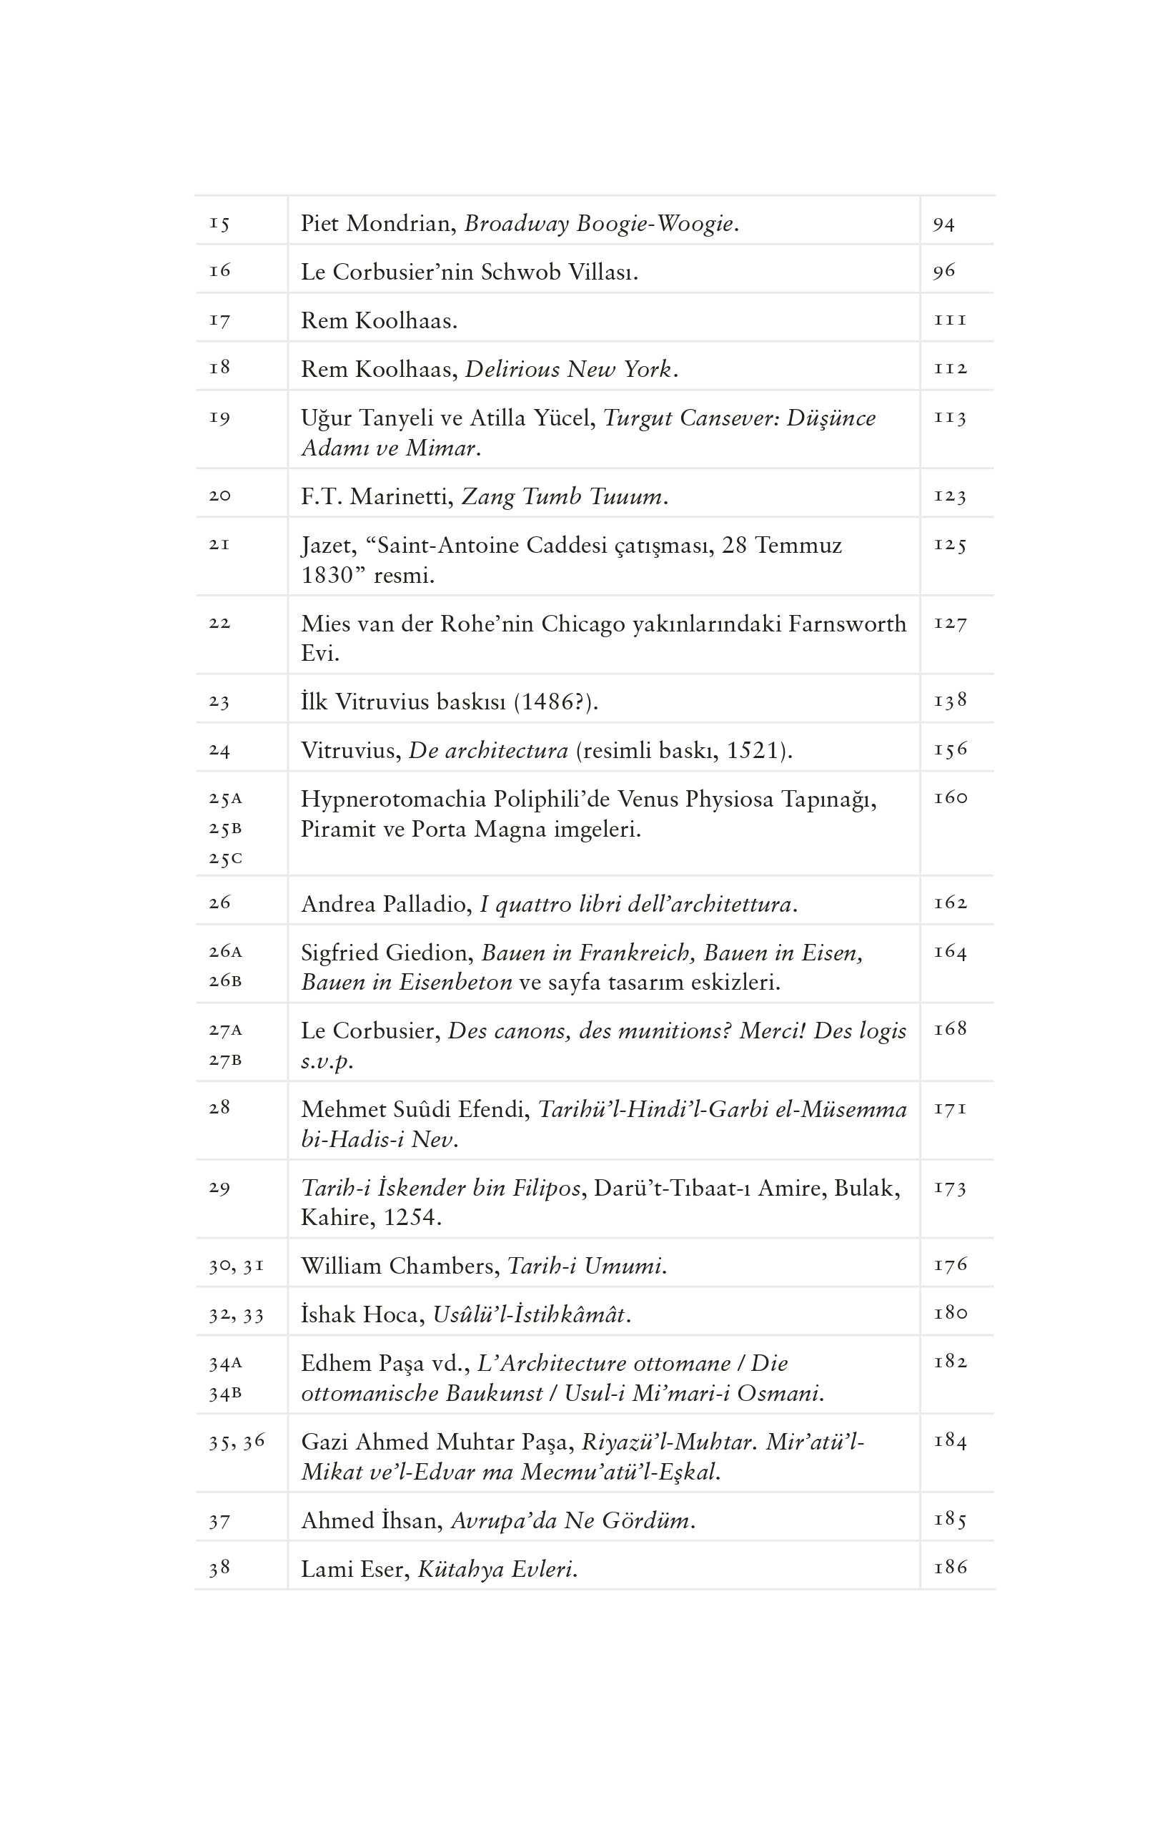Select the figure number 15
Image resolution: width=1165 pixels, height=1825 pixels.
[219, 224]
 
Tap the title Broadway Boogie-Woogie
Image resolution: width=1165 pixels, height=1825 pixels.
[600, 224]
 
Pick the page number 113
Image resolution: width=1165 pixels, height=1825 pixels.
[950, 418]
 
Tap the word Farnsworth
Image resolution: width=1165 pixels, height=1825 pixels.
[847, 624]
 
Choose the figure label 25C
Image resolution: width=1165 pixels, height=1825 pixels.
[225, 859]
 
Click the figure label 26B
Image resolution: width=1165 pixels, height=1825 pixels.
[225, 980]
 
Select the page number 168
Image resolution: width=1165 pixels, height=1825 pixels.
[950, 1029]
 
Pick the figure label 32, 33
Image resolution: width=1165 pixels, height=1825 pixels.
[237, 1315]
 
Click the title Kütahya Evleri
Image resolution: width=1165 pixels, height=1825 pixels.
[497, 1569]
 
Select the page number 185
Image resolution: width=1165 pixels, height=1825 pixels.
[950, 1520]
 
